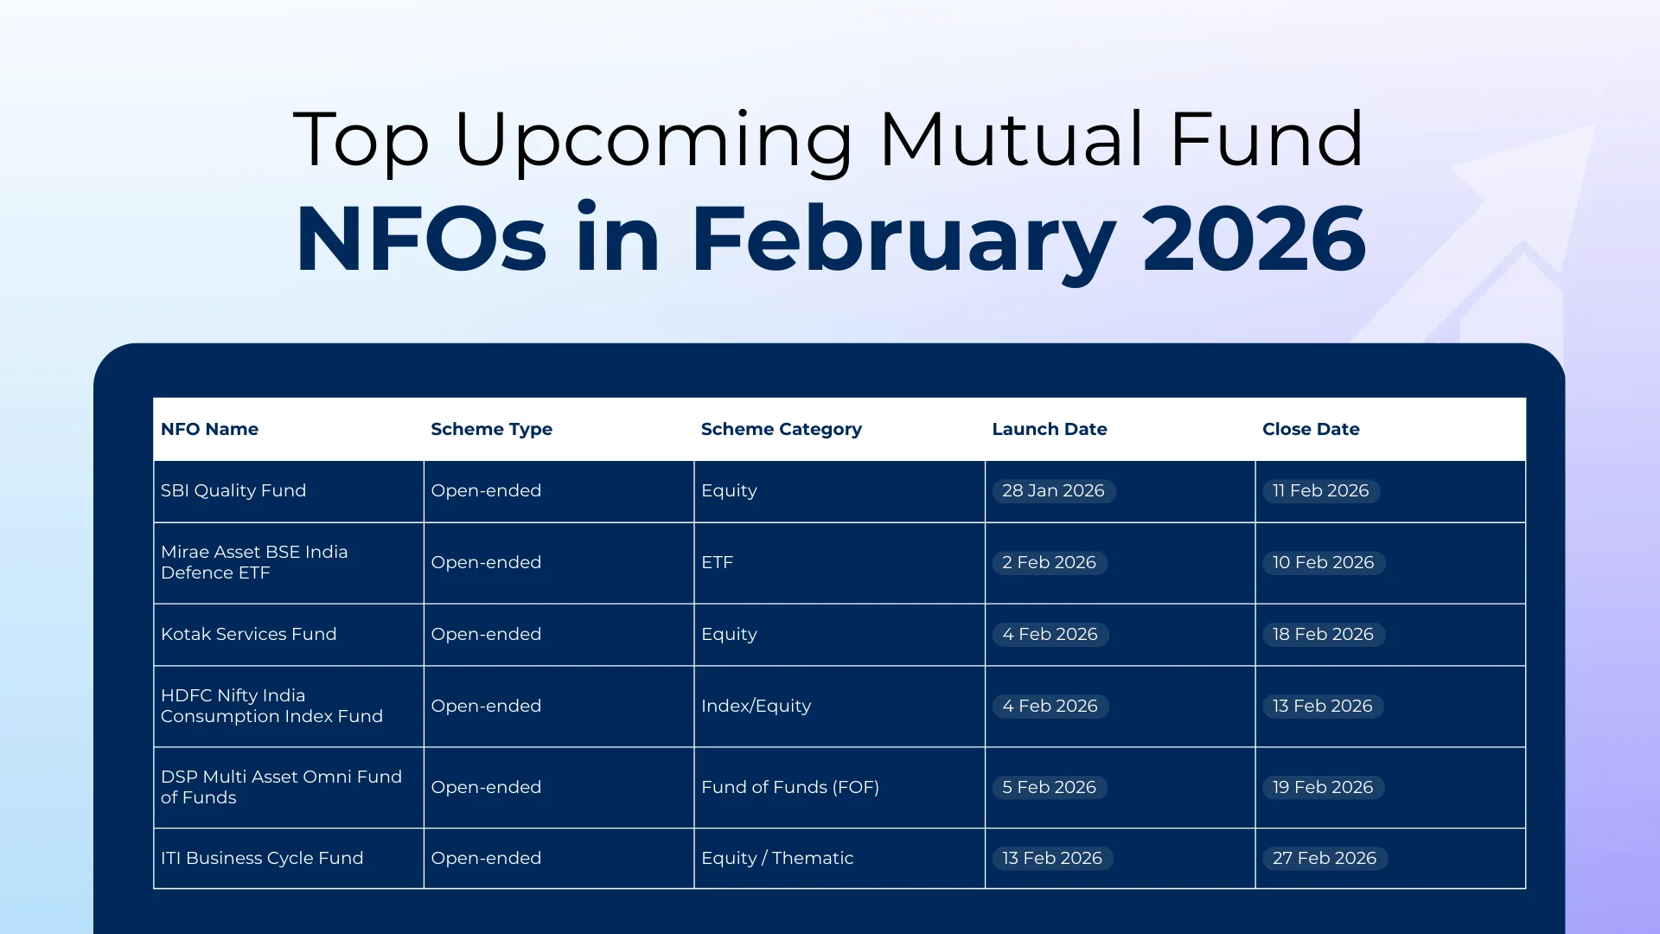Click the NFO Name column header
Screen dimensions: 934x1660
[x=209, y=429]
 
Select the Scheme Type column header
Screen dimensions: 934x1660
[x=491, y=429]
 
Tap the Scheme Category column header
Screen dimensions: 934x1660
[x=781, y=429]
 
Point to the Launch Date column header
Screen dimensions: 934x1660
[x=1049, y=429]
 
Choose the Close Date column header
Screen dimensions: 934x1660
[x=1310, y=429]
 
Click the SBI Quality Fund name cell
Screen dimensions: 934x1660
[x=233, y=490]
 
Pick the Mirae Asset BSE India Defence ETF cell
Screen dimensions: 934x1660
[x=254, y=562]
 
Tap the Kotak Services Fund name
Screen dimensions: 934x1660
[x=248, y=634]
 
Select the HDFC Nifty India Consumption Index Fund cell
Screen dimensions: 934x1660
[x=271, y=706]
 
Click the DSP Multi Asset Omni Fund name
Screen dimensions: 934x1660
[x=281, y=787]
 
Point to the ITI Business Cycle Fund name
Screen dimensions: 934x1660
[x=262, y=858]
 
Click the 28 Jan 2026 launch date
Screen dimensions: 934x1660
[x=1053, y=490]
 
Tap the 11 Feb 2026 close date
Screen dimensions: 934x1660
[x=1320, y=490]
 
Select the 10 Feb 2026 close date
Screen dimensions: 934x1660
[x=1323, y=562]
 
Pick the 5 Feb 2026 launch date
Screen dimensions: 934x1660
[x=1049, y=787]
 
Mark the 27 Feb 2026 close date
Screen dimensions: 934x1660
[x=1324, y=858]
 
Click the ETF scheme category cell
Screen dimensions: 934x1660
[x=717, y=562]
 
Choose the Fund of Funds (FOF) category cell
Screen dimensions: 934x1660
[x=789, y=787]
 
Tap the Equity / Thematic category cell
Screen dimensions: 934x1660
[x=776, y=858]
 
